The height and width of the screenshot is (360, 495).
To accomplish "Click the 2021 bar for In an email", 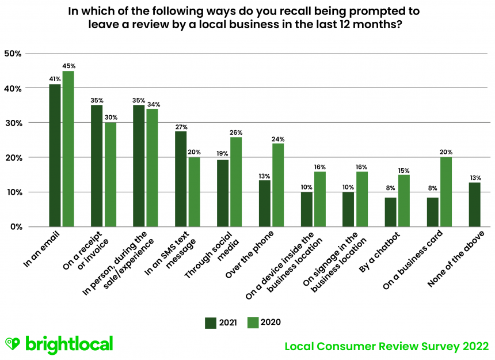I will point(55,156).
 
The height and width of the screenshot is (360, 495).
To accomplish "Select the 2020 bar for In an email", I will point(68,149).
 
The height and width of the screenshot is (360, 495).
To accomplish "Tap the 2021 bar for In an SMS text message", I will point(181,179).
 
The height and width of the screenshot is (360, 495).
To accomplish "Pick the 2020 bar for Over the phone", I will point(278,185).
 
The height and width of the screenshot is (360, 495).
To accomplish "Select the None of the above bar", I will point(474,204).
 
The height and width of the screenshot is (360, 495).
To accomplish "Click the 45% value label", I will point(68,66).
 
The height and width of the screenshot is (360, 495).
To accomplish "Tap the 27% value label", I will point(181,127).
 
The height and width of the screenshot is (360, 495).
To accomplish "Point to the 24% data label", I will point(278,139).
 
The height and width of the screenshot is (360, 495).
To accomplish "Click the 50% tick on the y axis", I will point(13,54).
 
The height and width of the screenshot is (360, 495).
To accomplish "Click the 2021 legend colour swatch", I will point(211,323).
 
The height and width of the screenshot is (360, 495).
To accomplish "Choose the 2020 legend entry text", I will point(270,323).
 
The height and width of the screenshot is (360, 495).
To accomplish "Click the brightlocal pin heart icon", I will point(13,344).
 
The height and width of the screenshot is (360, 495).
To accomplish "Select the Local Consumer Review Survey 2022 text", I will point(387,346).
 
